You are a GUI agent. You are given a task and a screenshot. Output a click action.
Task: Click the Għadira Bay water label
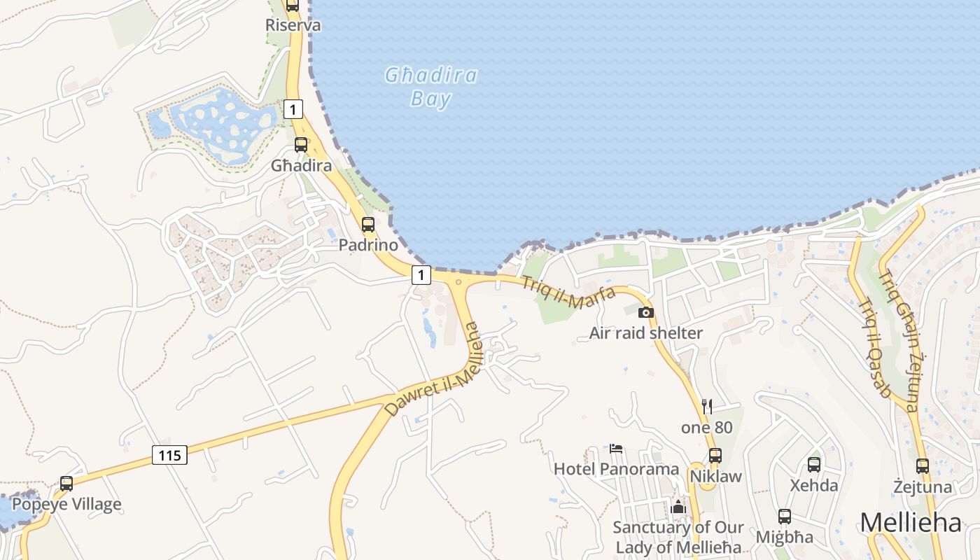pyautogui.click(x=430, y=87)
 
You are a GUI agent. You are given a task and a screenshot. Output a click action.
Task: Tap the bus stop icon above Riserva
pyautogui.click(x=293, y=5)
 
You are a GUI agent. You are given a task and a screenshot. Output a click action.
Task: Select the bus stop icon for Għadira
pyautogui.click(x=301, y=145)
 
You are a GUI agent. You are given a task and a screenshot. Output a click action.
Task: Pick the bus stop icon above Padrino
pyautogui.click(x=368, y=225)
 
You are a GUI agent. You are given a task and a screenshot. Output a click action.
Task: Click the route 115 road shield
pyautogui.click(x=169, y=456)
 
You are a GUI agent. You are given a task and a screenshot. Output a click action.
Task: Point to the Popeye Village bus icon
pyautogui.click(x=66, y=483)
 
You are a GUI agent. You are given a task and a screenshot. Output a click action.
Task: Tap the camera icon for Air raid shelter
pyautogui.click(x=646, y=312)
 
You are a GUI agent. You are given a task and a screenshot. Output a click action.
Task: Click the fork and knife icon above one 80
pyautogui.click(x=707, y=406)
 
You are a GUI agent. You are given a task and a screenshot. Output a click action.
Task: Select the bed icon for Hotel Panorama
pyautogui.click(x=616, y=448)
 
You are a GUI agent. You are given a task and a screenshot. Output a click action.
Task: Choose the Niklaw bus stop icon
pyautogui.click(x=715, y=455)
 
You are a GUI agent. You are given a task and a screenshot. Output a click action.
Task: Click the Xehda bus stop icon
pyautogui.click(x=814, y=464)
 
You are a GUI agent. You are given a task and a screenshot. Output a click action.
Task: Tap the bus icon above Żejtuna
pyautogui.click(x=923, y=465)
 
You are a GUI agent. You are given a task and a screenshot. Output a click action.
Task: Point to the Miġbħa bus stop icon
pyautogui.click(x=785, y=517)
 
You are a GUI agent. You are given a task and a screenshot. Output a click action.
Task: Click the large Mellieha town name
pyautogui.click(x=911, y=523)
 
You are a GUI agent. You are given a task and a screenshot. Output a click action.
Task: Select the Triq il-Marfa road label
pyautogui.click(x=568, y=293)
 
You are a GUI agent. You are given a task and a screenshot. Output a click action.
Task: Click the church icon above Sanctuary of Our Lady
pyautogui.click(x=678, y=507)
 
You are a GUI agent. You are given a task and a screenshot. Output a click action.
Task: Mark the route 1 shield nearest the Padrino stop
pyautogui.click(x=421, y=275)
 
